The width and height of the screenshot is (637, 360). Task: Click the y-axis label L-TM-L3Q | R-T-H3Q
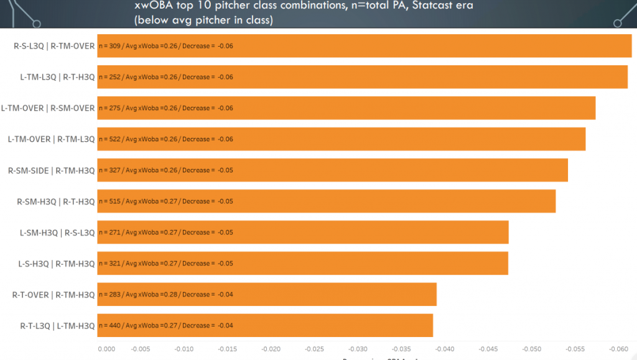coord(58,77)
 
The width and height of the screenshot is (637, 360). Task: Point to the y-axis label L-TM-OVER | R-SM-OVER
coord(48,108)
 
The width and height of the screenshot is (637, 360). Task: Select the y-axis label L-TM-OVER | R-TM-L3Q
coord(52,139)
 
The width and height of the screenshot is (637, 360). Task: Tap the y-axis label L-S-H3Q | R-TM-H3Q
coord(57,264)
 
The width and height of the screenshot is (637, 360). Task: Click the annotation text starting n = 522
coord(166,139)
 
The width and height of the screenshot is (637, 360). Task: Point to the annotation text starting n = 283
coord(166,295)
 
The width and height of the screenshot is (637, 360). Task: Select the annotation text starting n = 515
coord(166,201)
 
